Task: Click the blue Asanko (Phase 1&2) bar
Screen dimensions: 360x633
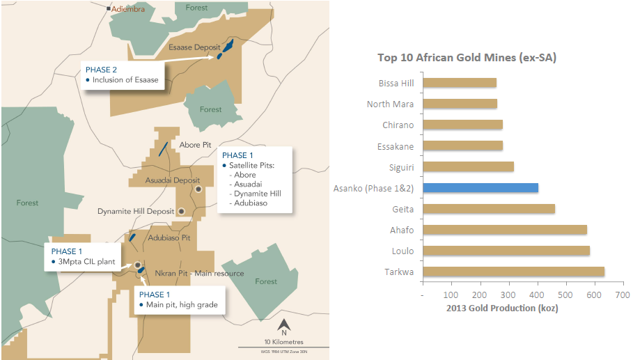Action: (480, 187)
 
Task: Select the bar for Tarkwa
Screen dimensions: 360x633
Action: (513, 272)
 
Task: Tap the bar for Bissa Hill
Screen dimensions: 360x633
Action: (459, 83)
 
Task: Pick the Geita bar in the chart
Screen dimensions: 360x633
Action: (488, 208)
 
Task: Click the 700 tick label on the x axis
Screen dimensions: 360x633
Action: (623, 295)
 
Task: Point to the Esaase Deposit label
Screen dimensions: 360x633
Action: (194, 47)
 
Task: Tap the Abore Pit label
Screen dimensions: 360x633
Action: (195, 145)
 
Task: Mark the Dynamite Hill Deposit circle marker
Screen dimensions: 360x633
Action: (182, 210)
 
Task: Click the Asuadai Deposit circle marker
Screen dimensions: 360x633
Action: (198, 189)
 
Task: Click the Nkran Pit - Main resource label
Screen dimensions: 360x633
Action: (198, 273)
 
